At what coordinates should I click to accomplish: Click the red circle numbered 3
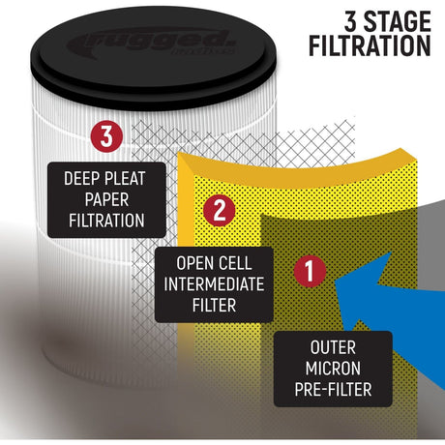tap(106, 136)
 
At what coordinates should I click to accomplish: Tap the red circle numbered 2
tap(220, 210)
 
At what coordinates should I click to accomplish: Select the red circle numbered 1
tap(310, 271)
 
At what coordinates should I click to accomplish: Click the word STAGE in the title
tap(397, 21)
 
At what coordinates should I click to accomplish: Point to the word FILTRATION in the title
tap(370, 45)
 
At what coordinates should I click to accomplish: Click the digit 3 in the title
tap(350, 21)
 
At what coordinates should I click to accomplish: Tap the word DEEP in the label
tap(81, 178)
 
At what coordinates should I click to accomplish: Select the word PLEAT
tap(125, 178)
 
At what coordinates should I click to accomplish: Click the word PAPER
tap(106, 199)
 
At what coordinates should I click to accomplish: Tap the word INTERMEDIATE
tap(214, 284)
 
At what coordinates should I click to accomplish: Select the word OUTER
tap(333, 347)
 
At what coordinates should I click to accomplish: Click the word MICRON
tap(333, 369)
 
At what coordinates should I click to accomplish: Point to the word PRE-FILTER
tap(333, 390)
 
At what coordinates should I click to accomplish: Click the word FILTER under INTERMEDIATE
tap(214, 305)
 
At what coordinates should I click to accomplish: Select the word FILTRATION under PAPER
tap(106, 221)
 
